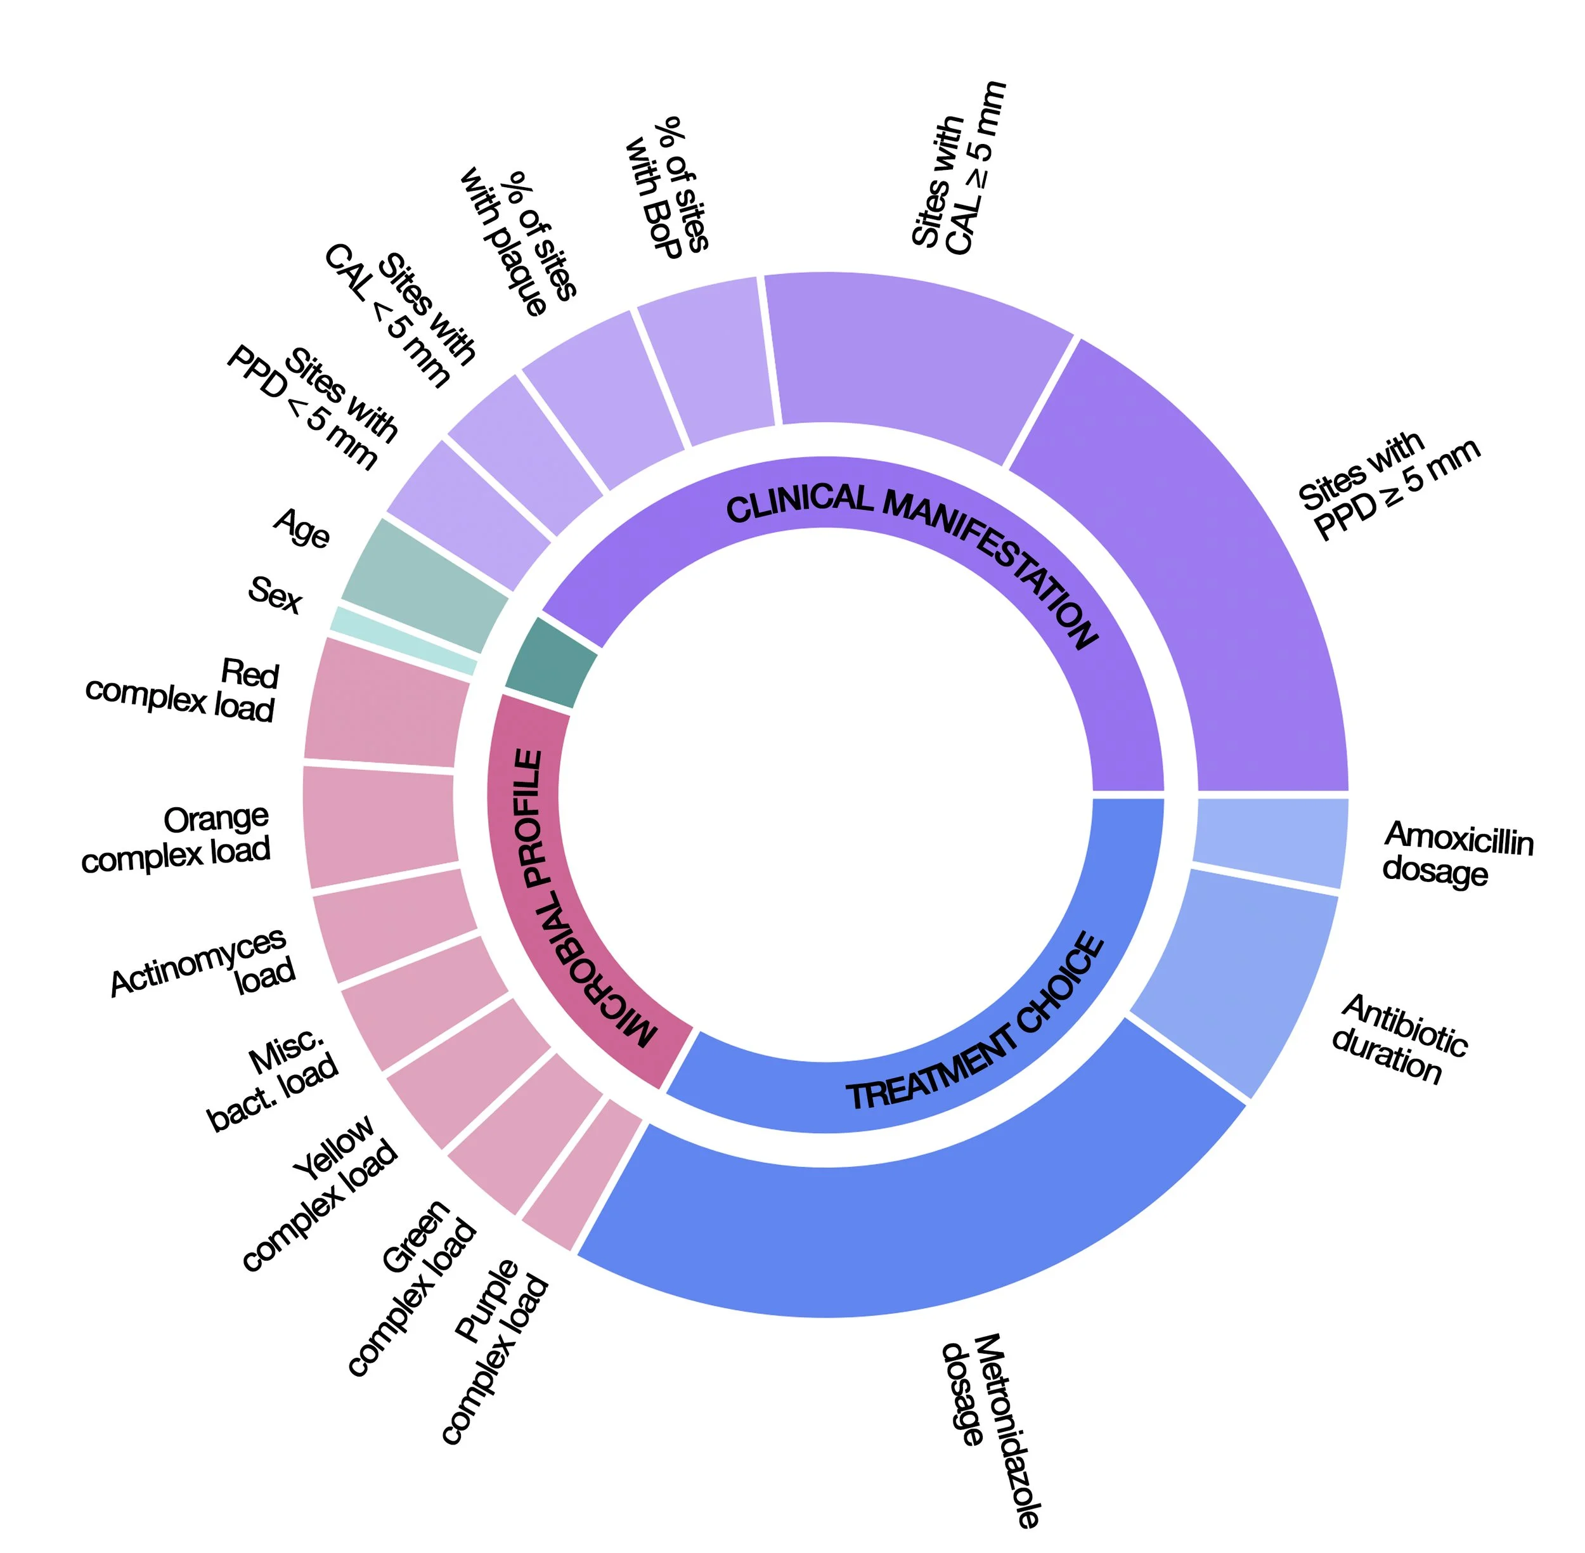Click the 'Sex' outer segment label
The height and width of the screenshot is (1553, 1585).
pos(275,595)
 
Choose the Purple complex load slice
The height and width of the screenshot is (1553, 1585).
pos(581,1174)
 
